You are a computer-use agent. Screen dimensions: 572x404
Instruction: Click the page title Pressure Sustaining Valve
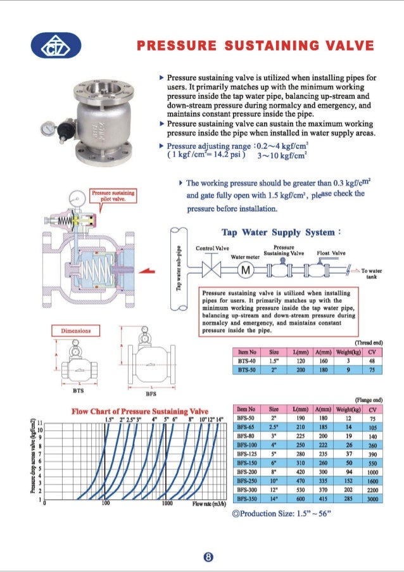256,46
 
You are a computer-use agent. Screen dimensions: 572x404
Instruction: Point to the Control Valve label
211,248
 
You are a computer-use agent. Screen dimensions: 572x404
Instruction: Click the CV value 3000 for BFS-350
372,499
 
